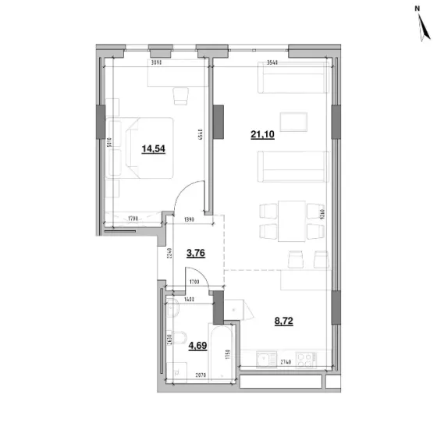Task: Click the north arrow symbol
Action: pyautogui.click(x=424, y=30)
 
